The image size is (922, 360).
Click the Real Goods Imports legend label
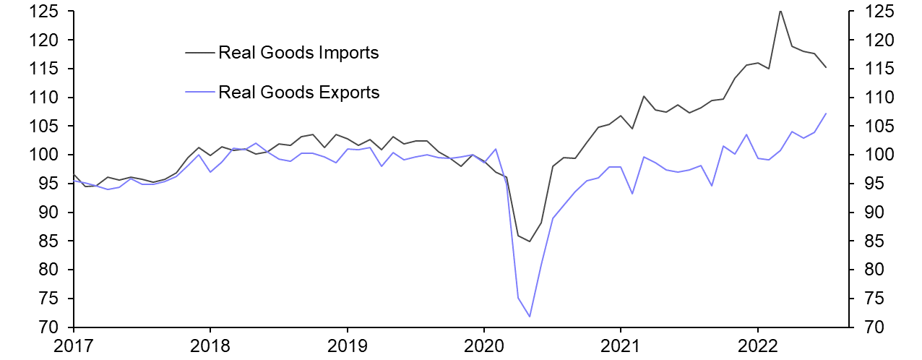298,52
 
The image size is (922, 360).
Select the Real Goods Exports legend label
298,92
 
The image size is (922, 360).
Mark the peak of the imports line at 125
780,11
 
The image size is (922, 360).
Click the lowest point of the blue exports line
530,317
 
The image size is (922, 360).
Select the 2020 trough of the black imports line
530,241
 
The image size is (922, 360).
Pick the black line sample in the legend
200,52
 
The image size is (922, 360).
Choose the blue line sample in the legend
200,92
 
